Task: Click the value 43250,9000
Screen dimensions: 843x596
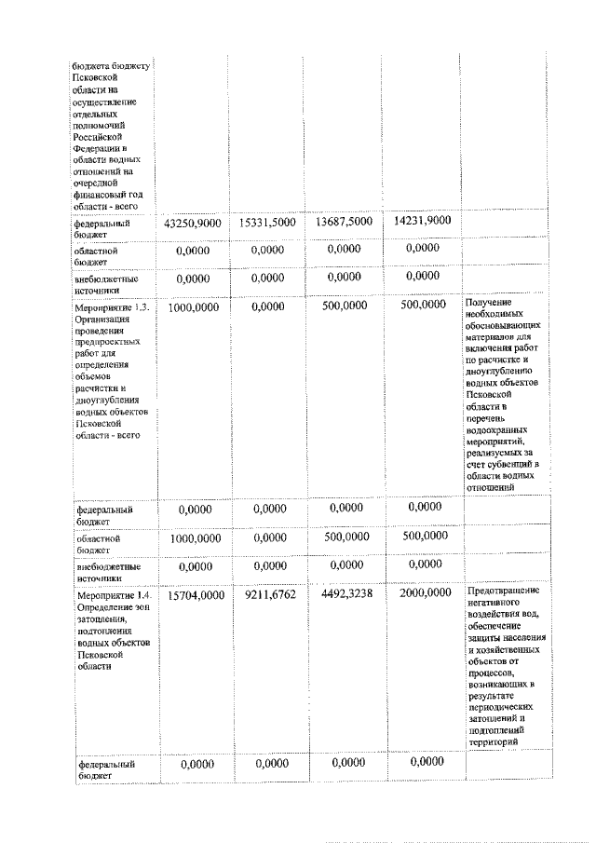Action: (192, 224)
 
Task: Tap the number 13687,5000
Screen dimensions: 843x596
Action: (343, 223)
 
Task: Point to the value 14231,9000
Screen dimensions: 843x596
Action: (422, 222)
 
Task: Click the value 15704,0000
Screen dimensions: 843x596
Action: (192, 594)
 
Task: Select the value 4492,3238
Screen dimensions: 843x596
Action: (343, 593)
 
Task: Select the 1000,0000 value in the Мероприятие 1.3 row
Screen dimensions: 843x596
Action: (192, 306)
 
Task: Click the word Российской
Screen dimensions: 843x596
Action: (97, 136)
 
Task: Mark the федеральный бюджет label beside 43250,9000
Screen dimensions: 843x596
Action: (102, 229)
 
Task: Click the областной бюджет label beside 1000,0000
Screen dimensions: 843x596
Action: (97, 543)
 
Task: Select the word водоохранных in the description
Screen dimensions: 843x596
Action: (499, 430)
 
